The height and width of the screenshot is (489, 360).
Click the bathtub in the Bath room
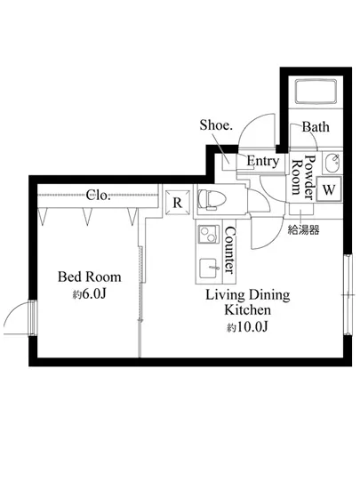click(x=316, y=92)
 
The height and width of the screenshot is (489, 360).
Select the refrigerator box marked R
click(x=177, y=203)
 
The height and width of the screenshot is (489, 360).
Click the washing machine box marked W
click(x=329, y=189)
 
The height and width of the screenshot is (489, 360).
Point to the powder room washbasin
click(x=332, y=163)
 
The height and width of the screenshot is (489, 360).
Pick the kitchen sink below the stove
click(x=209, y=268)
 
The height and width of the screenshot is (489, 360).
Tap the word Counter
click(x=229, y=250)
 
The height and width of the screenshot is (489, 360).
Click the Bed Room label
click(x=90, y=277)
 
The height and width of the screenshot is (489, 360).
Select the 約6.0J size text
click(x=90, y=293)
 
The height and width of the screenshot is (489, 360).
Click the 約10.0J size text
click(x=247, y=327)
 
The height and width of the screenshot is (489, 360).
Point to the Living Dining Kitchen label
click(x=247, y=302)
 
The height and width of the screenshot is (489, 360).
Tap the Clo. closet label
click(x=98, y=195)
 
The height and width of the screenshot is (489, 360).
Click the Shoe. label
click(x=216, y=125)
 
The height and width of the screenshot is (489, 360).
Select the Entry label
click(x=262, y=161)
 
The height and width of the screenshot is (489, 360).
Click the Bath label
click(x=316, y=127)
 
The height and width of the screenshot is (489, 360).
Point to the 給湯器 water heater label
click(x=303, y=230)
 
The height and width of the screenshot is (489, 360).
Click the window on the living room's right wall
click(x=348, y=294)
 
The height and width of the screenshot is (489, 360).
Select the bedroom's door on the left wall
click(x=32, y=317)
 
